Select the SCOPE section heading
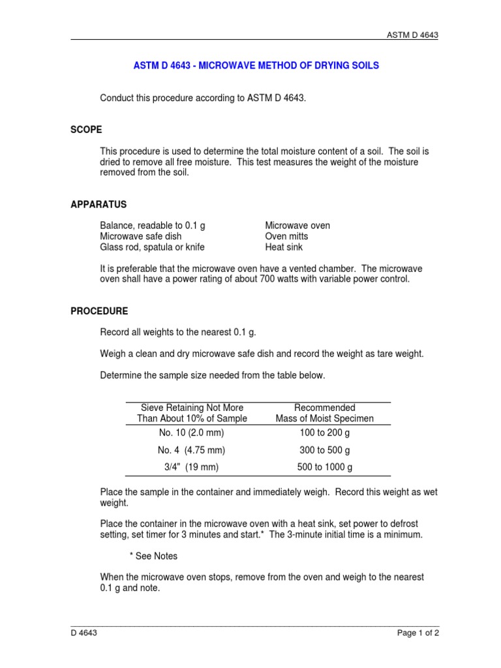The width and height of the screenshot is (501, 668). point(86,130)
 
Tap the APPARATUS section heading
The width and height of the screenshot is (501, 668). point(99,204)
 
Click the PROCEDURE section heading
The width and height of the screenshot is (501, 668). point(99,311)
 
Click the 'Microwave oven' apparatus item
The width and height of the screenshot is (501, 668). point(297,226)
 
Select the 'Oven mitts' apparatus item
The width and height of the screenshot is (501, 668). point(286,236)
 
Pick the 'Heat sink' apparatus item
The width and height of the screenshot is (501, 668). point(284,247)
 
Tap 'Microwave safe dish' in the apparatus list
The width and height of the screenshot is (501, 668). point(140,236)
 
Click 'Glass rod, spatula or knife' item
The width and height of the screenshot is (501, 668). point(151,247)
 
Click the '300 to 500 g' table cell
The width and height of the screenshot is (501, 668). point(324,450)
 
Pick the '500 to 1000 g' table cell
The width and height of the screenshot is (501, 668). point(324,467)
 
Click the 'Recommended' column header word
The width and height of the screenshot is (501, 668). point(324,408)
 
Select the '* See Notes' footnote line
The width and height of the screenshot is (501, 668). point(153,556)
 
